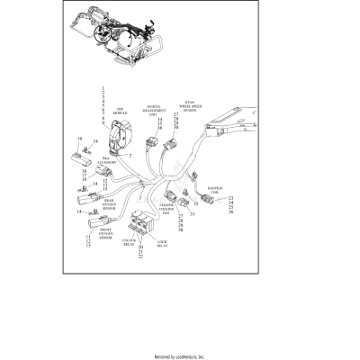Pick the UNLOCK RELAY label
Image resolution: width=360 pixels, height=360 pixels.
click(127, 243)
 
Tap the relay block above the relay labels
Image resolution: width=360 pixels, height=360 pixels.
click(142, 223)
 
